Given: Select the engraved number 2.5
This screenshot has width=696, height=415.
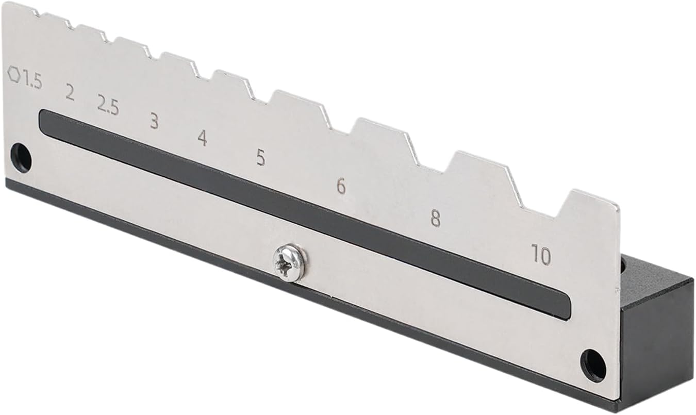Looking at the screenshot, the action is point(108,104).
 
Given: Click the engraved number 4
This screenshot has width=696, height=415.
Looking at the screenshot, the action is point(203,138).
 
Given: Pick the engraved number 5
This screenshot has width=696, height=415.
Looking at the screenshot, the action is point(261,157).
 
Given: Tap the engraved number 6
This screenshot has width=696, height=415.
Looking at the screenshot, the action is point(341,186).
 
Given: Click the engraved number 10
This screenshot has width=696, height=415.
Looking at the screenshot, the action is point(541,254).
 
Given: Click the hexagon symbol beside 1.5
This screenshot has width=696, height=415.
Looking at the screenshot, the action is point(14,74).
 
